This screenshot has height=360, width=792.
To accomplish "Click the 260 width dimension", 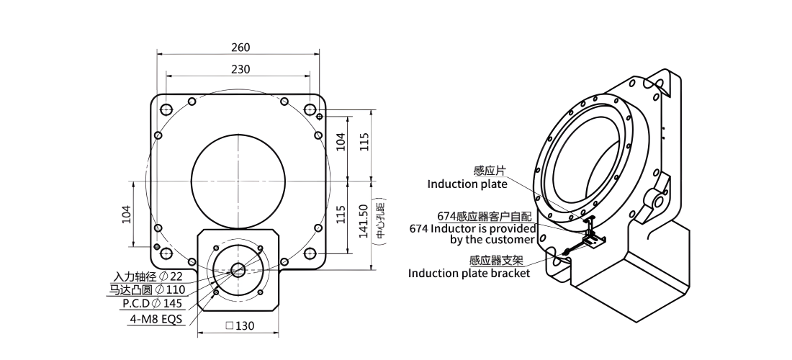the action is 240,48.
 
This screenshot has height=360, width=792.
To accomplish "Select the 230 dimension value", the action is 240,69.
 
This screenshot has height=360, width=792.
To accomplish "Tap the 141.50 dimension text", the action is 363,220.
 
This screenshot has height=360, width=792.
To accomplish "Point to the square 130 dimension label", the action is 240,326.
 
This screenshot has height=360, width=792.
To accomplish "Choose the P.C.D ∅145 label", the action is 153,303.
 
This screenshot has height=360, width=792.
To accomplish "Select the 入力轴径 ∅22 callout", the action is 148,276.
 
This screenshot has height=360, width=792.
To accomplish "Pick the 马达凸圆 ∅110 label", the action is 147,290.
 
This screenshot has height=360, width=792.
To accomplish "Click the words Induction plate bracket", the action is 469,274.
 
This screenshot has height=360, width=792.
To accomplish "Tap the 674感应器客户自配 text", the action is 485,217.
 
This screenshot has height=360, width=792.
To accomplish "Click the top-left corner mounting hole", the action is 166,109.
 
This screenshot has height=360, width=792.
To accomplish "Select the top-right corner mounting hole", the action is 310,109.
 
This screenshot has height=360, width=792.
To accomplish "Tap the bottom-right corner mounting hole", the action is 310,253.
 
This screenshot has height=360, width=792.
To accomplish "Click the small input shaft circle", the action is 238,270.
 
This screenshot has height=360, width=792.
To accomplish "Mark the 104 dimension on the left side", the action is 127,214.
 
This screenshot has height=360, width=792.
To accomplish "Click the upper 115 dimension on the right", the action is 364,142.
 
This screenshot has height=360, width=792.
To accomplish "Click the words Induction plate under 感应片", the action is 467,184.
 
